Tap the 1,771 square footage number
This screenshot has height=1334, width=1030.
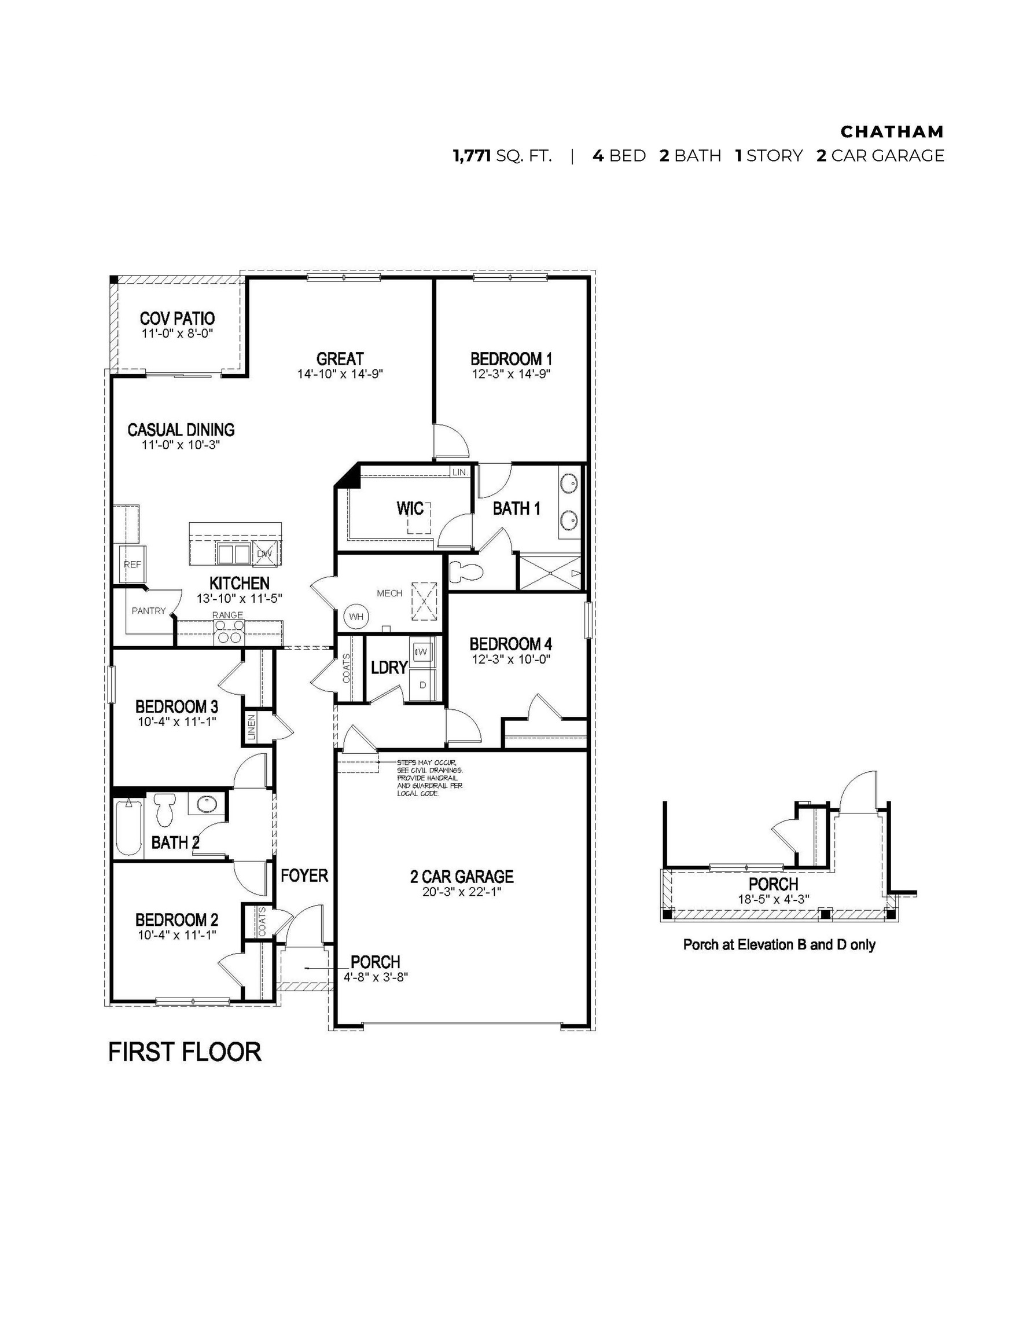472,156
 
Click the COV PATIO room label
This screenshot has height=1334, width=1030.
177,318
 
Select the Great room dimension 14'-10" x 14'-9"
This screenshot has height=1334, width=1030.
340,374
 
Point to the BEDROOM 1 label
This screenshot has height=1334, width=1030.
511,358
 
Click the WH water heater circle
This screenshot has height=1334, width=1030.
356,616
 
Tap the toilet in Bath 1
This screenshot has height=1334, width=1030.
465,572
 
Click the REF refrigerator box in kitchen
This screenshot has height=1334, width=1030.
133,564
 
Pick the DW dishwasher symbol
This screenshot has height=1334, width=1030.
264,554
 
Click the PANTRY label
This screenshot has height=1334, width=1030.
148,610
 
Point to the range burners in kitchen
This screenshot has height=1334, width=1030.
229,631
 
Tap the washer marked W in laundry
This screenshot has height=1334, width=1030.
422,652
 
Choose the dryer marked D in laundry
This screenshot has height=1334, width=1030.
422,685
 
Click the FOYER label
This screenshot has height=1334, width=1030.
304,876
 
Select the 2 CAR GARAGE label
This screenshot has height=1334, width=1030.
462,877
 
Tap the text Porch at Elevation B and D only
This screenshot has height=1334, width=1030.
779,945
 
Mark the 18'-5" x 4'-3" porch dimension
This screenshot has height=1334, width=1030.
774,899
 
